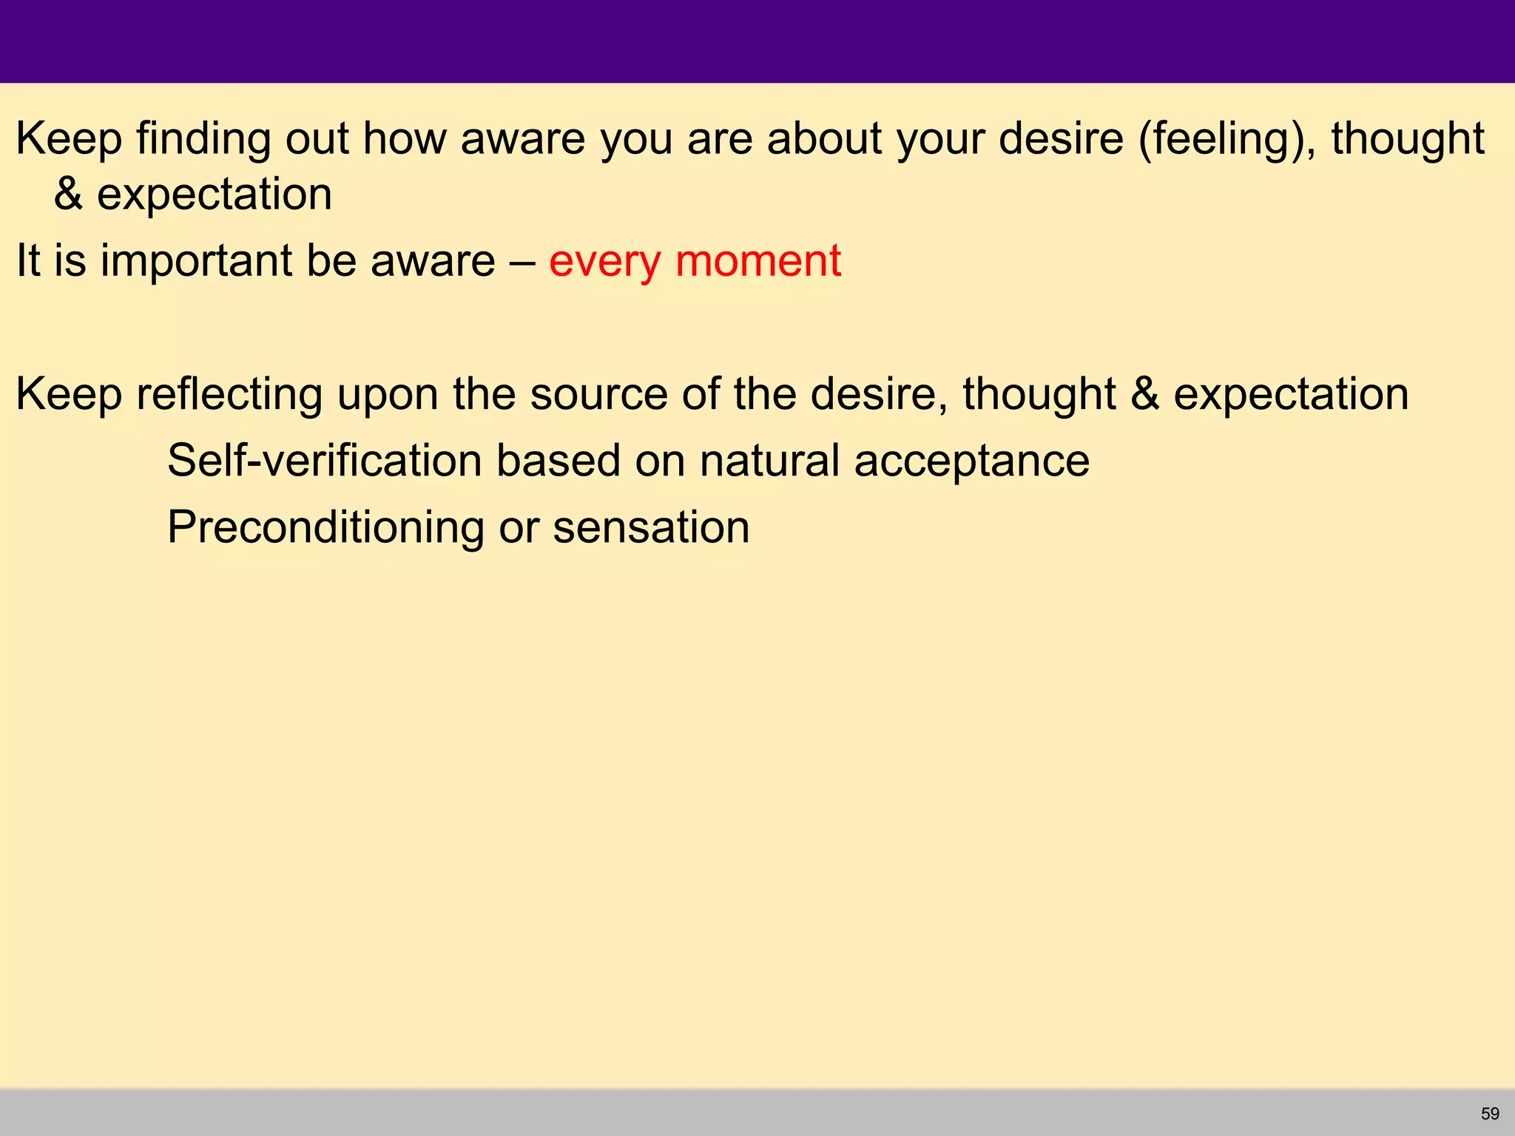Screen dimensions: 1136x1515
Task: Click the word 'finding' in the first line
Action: [203, 139]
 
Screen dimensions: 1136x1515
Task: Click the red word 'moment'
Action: [758, 261]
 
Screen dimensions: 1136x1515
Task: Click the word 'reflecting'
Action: [229, 394]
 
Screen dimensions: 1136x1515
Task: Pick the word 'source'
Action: [598, 394]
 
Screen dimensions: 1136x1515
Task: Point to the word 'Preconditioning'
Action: [325, 528]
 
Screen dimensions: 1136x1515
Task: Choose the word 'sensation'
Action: [651, 527]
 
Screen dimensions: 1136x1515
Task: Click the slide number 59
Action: [1490, 1114]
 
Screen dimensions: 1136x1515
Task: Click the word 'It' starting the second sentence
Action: [28, 261]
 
